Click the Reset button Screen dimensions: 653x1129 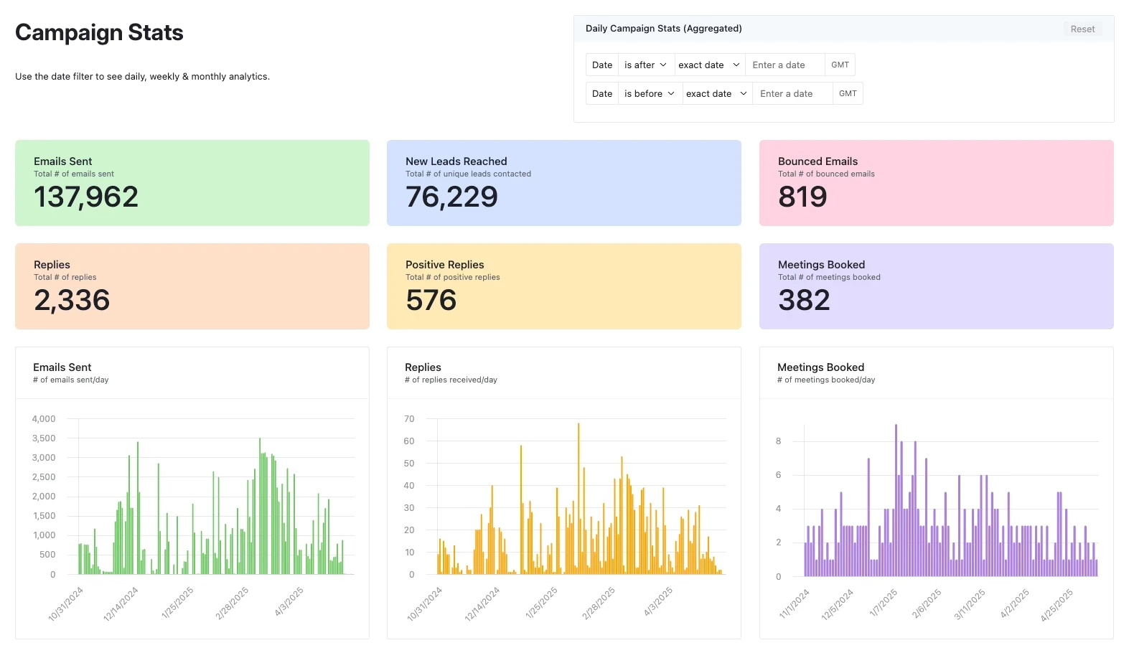coord(1082,29)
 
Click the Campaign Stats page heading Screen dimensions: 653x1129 coord(99,33)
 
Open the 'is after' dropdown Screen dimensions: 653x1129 coord(645,65)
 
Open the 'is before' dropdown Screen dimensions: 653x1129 coord(649,94)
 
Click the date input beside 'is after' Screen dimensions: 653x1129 coord(784,65)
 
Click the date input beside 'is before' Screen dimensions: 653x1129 coord(792,94)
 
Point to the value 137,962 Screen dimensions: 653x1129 coord(86,197)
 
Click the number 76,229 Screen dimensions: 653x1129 coord(451,197)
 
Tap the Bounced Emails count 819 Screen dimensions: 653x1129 coord(802,197)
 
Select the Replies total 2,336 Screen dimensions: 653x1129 coord(72,301)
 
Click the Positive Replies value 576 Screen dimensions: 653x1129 coord(431,301)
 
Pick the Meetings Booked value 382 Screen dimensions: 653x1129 coord(804,301)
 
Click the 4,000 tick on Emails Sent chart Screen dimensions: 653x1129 coord(44,419)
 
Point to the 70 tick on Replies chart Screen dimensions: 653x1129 coord(409,419)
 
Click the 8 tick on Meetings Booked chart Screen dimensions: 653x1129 coord(778,441)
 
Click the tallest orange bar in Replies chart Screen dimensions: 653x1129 coord(578,499)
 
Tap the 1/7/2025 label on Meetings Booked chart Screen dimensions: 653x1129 coord(884,603)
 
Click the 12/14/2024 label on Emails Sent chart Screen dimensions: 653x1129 coord(121,603)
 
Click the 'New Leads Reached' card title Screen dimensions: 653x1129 coord(456,161)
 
